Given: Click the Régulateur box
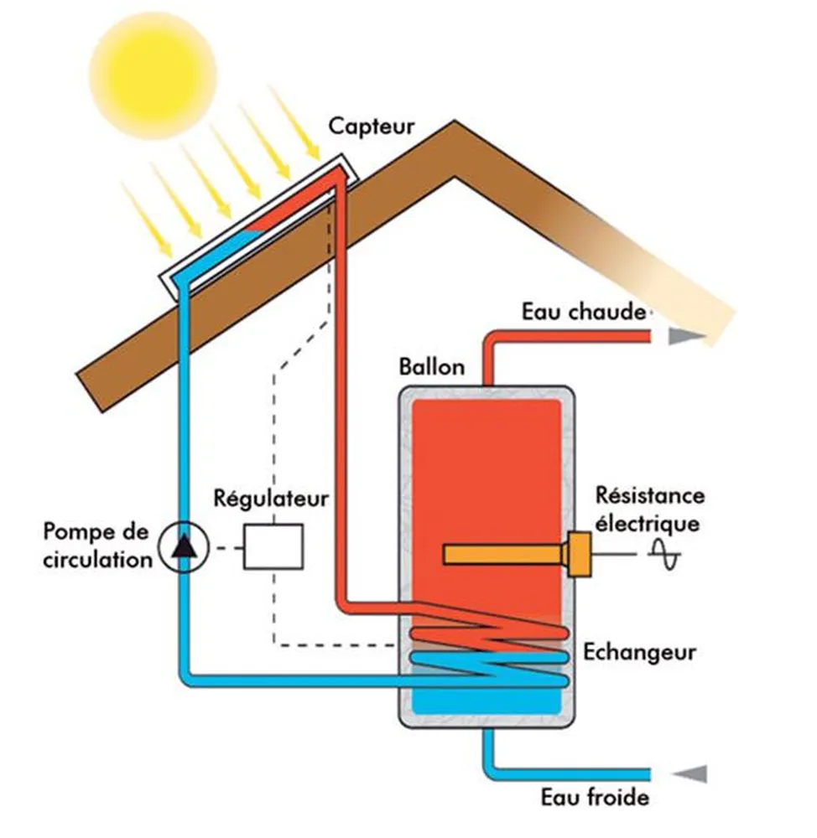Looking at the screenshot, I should click(273, 547).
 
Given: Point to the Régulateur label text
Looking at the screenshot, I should click(270, 498).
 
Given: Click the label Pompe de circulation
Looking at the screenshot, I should click(96, 546).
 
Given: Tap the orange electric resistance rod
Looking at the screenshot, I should click(503, 554).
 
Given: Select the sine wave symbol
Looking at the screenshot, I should click(668, 556).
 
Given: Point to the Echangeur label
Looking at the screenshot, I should click(640, 652).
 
